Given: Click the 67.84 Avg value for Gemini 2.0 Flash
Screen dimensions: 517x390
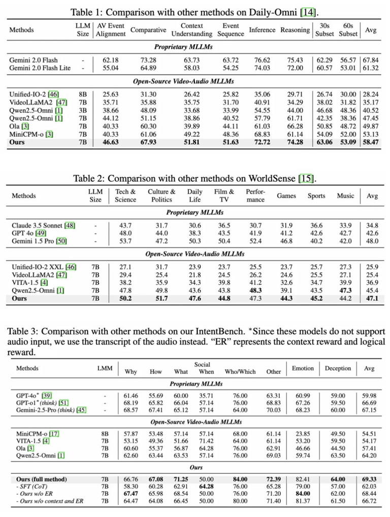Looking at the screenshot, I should [x=372, y=60].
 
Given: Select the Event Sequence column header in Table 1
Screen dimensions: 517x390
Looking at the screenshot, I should [x=231, y=29].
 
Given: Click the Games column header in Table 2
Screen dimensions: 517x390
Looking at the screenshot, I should [x=286, y=196].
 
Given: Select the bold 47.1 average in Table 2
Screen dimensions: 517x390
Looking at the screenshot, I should [x=372, y=299].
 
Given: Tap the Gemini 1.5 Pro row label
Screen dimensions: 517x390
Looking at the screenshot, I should [x=36, y=241].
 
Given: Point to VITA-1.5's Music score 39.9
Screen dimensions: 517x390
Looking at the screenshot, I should [x=345, y=282].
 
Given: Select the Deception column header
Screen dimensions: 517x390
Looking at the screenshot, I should [x=338, y=368].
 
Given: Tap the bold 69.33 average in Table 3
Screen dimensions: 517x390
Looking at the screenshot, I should [x=369, y=479].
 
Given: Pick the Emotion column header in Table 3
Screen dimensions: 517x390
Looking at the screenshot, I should [x=303, y=368].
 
